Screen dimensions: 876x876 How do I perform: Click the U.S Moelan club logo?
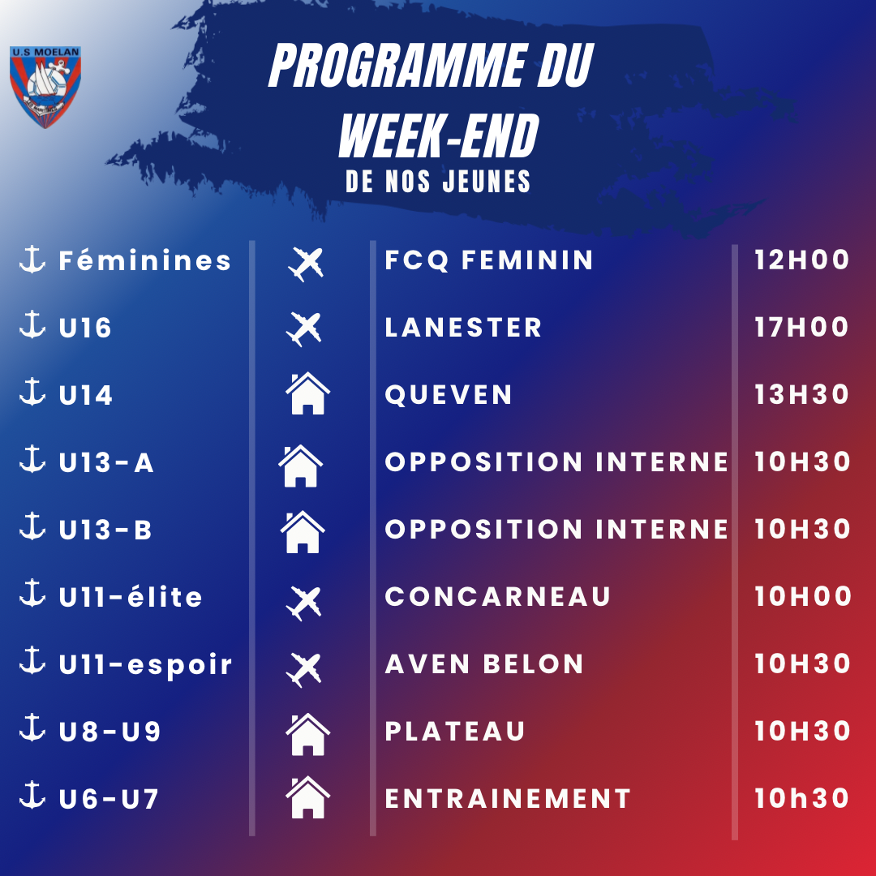pos(45,87)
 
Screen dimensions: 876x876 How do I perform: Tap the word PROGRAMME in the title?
pos(397,66)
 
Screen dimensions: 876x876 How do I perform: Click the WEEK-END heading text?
pos(439,135)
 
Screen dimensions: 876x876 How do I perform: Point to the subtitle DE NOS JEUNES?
pos(438,182)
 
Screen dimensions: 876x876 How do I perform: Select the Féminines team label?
pos(144,260)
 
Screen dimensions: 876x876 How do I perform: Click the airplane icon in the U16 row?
pos(304,329)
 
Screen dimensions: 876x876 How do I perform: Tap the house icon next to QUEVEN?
pos(307,393)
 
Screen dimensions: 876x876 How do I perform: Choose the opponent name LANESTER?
pos(463,328)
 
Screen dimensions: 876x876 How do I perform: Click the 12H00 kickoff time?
pos(801,260)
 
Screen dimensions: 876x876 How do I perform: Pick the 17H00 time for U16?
pos(801,328)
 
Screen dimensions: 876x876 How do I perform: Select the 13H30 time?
pos(801,394)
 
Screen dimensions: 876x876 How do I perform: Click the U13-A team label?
pos(106,462)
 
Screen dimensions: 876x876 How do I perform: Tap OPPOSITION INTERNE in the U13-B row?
pos(556,529)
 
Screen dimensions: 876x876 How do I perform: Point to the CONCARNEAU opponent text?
pos(498,597)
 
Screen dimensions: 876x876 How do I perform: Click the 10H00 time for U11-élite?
pos(803,597)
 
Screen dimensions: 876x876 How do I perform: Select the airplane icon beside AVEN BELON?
pos(304,670)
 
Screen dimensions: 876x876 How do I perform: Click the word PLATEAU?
pos(455,732)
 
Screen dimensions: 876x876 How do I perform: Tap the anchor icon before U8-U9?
pos(32,728)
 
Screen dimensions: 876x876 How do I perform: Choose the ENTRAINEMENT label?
pos(508,799)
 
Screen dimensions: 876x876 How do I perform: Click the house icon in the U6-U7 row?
pos(307,797)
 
